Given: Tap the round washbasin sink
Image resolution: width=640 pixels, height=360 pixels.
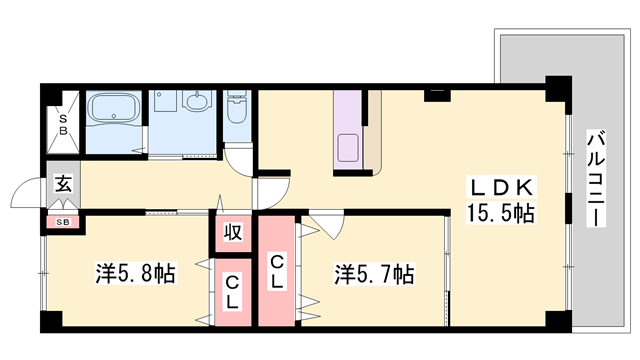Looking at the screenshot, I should pyautogui.click(x=196, y=103).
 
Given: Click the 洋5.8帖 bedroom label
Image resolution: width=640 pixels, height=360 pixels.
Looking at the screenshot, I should pyautogui.click(x=135, y=272).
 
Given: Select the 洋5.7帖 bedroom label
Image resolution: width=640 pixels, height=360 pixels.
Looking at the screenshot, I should pyautogui.click(x=374, y=272).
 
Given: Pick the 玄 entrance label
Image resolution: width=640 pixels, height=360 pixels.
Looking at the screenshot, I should pyautogui.click(x=62, y=184).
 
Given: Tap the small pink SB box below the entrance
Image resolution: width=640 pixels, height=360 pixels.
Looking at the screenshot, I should pyautogui.click(x=62, y=221).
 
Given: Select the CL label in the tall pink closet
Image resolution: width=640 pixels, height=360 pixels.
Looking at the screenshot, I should pyautogui.click(x=277, y=272).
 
